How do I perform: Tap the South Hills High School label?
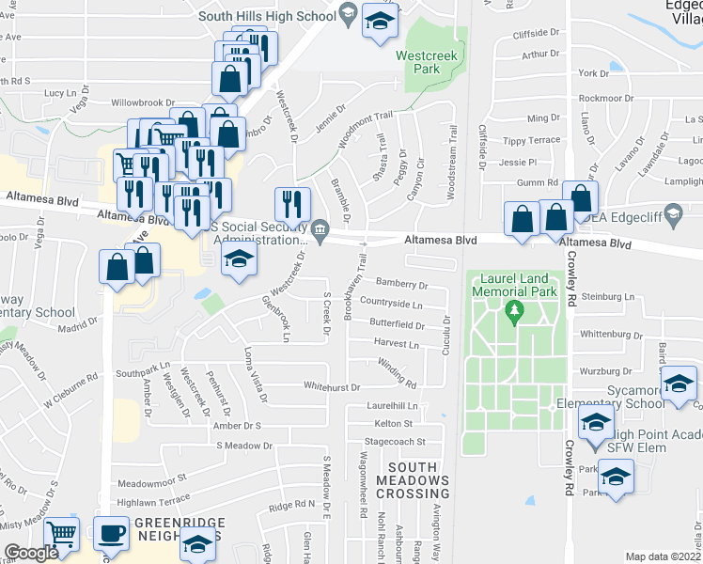click(266, 15)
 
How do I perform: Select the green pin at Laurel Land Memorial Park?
click(514, 310)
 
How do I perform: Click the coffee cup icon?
click(112, 533)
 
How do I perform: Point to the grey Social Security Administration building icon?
click(320, 230)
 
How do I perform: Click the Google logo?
click(31, 553)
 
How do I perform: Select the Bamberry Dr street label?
click(401, 284)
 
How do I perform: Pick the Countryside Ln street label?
click(391, 304)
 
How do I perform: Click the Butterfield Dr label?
click(397, 324)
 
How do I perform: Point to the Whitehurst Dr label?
click(332, 386)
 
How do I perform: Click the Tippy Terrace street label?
click(532, 140)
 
